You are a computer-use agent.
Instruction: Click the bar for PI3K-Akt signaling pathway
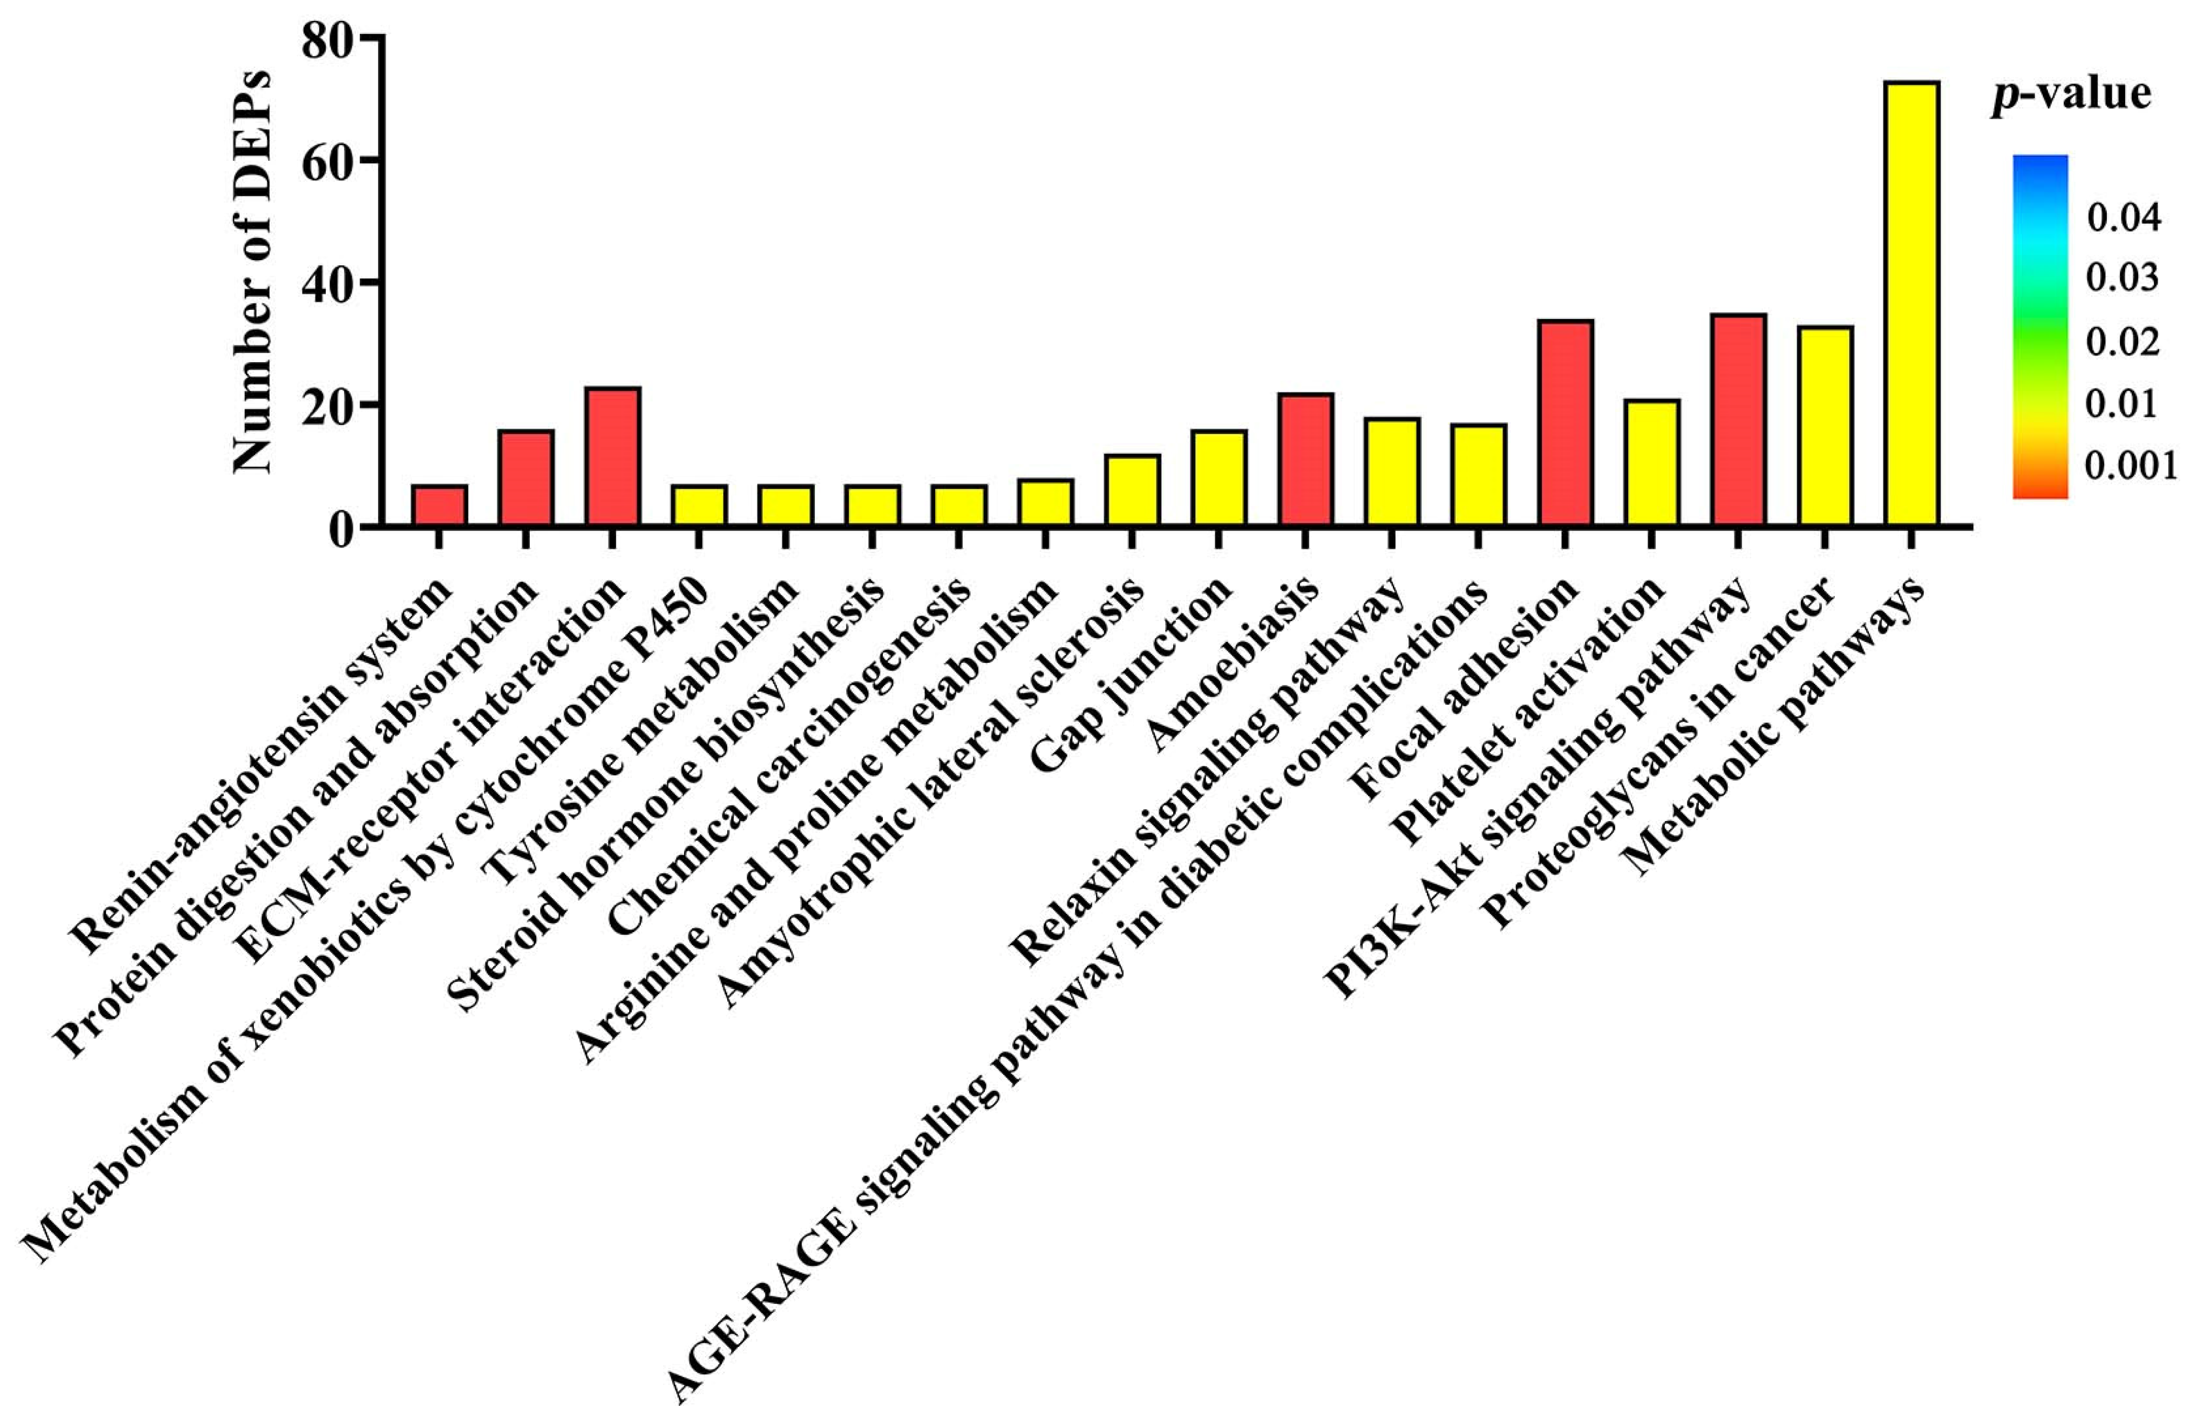(1737, 420)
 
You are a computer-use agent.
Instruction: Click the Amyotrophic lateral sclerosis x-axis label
(933, 795)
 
